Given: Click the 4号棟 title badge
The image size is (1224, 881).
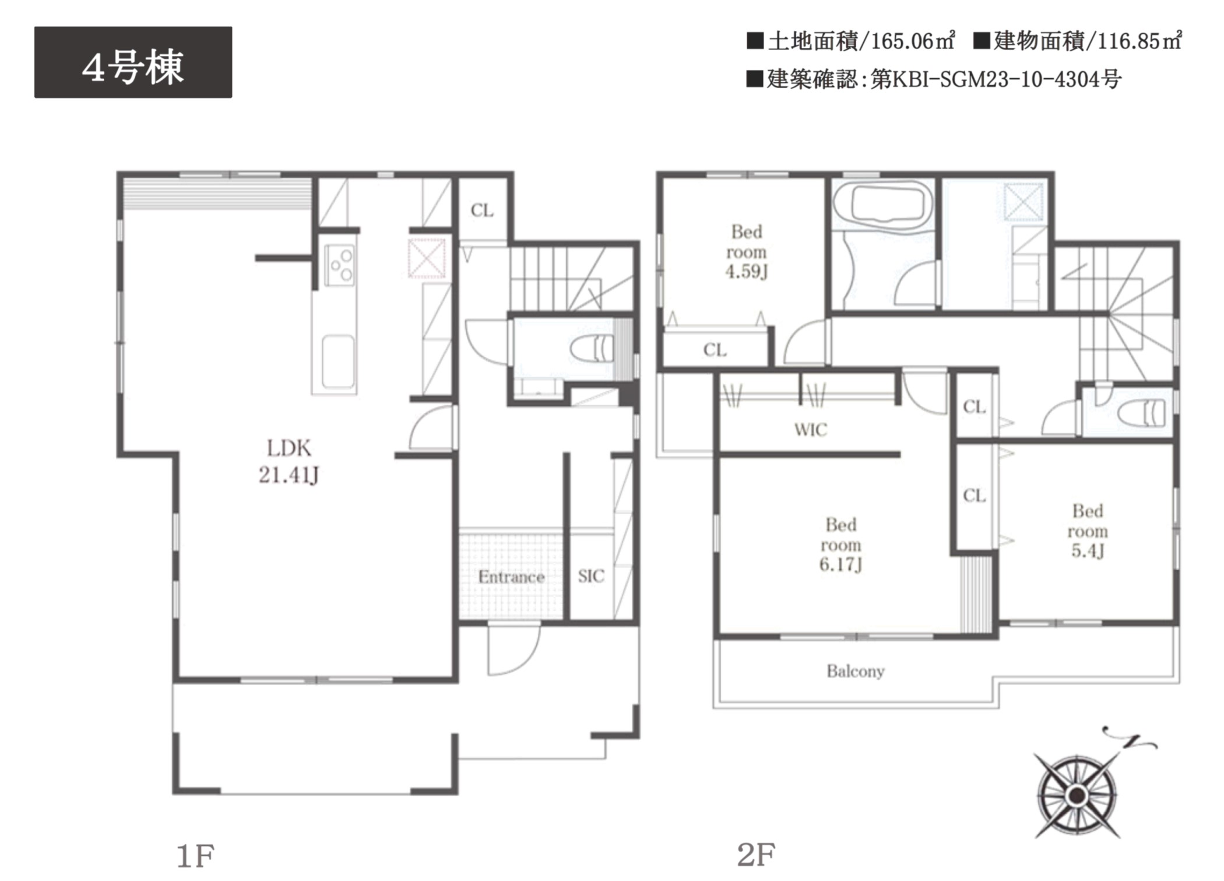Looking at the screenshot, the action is [x=133, y=62].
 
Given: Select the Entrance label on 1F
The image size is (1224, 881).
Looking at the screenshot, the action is [x=511, y=577].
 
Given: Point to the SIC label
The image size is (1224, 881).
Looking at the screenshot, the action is [x=591, y=576].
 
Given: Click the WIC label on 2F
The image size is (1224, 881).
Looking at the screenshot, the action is [x=810, y=430].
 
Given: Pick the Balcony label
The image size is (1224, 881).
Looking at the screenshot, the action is [x=855, y=672].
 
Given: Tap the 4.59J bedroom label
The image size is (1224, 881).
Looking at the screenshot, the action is [x=746, y=252].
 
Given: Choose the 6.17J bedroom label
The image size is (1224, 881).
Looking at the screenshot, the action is [x=840, y=545].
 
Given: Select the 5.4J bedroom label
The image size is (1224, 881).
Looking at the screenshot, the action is [x=1088, y=531].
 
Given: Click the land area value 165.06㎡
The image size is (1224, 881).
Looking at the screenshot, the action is [x=913, y=41].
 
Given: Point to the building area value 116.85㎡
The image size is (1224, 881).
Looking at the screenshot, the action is [x=1139, y=41].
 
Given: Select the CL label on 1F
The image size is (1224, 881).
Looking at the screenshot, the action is [x=482, y=210].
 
